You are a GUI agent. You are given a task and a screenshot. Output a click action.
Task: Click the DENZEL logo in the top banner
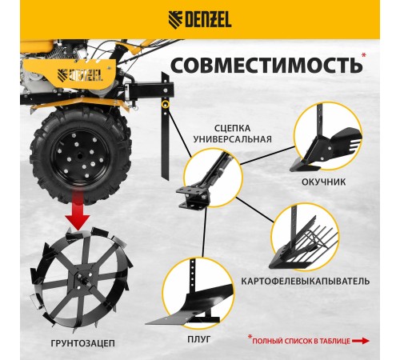[x=199, y=18]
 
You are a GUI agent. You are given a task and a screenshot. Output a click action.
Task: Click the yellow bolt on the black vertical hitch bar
[x=165, y=103]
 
